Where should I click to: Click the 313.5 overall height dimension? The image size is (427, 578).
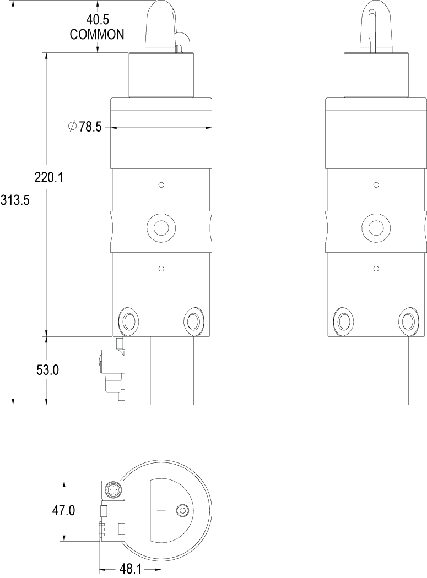[15, 200]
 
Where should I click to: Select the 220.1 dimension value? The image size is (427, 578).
[48, 178]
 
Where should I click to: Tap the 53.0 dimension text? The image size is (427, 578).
[47, 370]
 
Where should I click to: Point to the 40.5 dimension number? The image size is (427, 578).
[98, 20]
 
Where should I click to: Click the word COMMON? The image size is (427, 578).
[97, 35]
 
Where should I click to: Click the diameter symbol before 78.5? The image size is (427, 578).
[73, 127]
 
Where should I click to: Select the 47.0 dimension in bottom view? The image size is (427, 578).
[63, 511]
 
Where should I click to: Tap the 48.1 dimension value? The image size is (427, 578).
[131, 570]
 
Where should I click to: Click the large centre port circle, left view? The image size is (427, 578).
[161, 228]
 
